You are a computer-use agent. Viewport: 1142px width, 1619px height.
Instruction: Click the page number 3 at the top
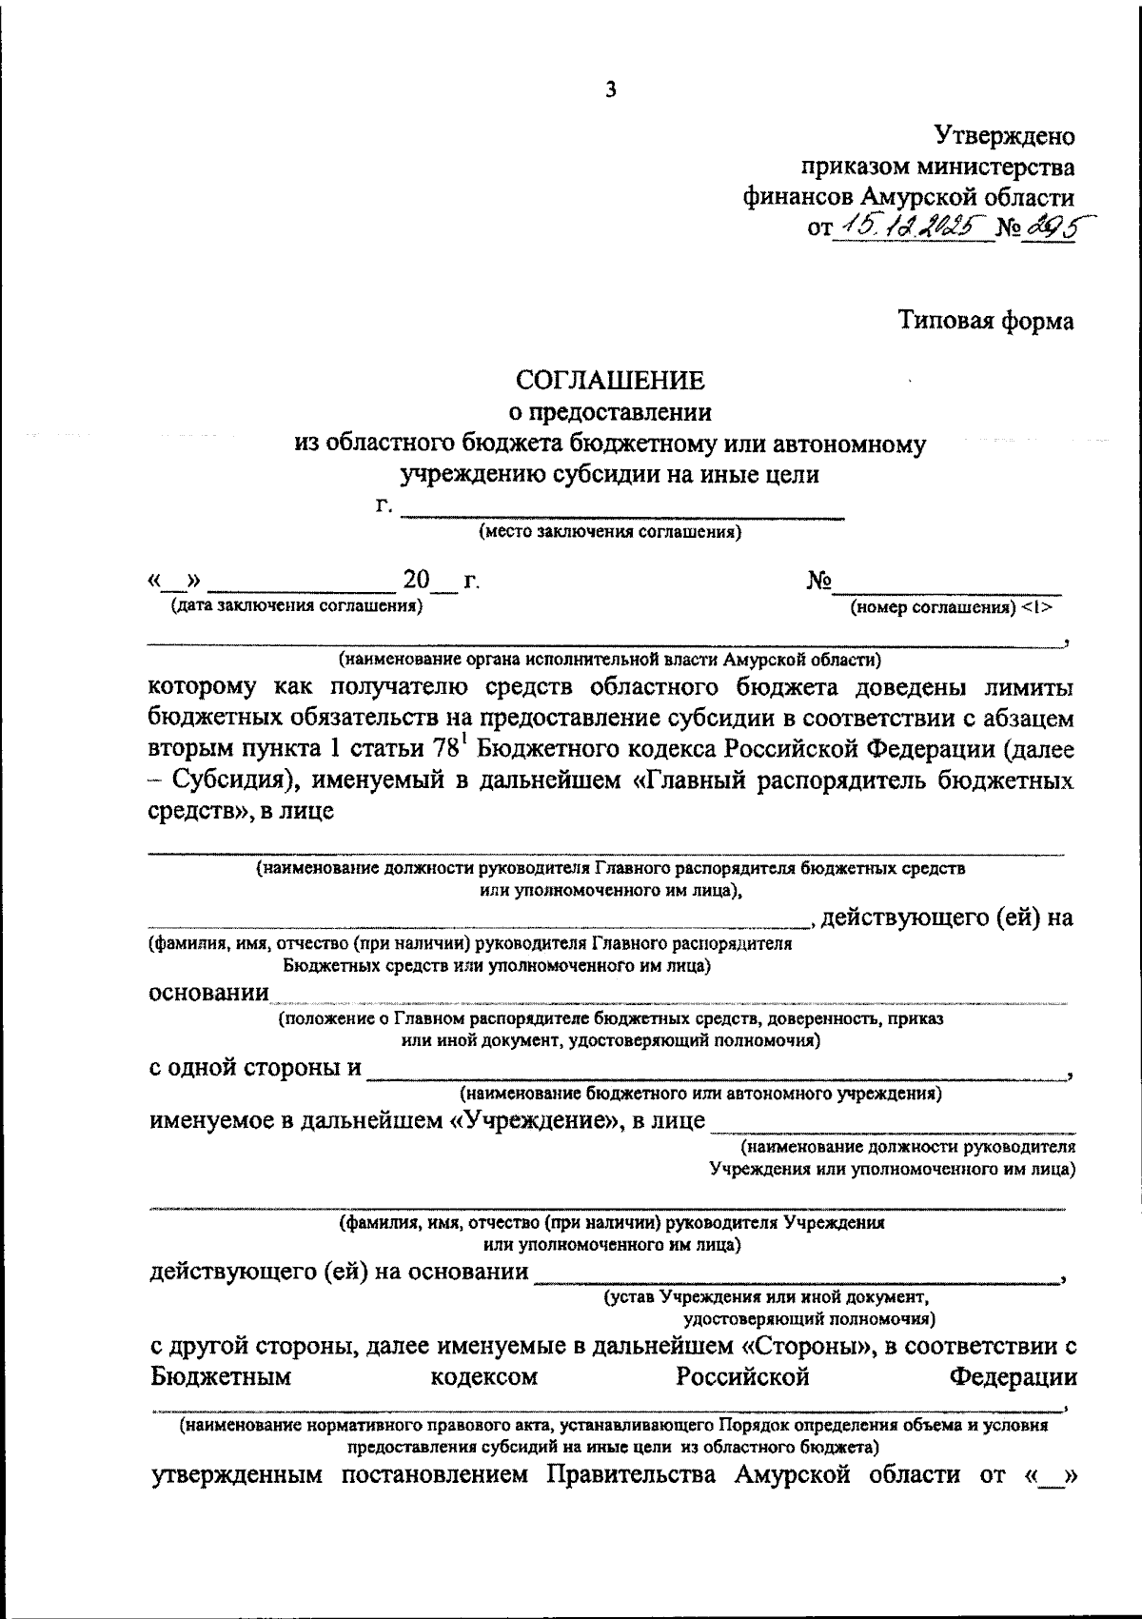[x=610, y=90]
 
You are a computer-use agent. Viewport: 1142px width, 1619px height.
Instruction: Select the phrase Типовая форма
[x=987, y=321]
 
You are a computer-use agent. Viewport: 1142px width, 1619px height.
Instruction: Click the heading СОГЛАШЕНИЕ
[x=610, y=381]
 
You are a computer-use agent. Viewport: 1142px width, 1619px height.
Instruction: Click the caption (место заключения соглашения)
[x=610, y=533]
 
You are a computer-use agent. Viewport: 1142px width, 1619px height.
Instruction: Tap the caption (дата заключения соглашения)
[x=296, y=605]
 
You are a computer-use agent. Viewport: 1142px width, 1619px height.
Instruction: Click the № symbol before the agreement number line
[x=819, y=581]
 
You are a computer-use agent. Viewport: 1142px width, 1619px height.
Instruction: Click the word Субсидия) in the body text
[x=231, y=781]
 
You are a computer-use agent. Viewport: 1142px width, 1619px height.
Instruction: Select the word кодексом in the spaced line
[x=483, y=1376]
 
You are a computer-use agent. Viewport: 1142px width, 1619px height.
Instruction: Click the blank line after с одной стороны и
[x=714, y=1074]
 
